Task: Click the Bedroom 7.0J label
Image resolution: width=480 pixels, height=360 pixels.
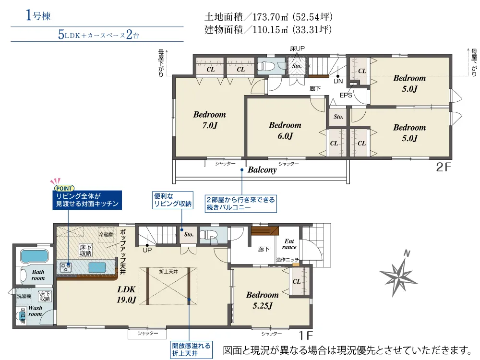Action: (x=210, y=120)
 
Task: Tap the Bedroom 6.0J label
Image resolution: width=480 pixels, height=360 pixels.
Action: (x=285, y=130)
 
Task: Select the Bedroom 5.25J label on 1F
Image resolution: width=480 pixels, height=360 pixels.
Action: (x=263, y=300)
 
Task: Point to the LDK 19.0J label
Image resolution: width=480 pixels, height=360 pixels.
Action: (x=126, y=294)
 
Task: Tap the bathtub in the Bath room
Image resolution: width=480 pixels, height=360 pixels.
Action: (x=34, y=256)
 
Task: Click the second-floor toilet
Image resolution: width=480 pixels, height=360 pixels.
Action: (x=264, y=66)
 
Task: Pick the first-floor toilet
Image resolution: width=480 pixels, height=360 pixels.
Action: (x=208, y=235)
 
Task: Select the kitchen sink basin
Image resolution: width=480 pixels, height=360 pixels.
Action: (x=97, y=267)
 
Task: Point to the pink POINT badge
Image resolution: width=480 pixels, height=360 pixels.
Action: (x=64, y=188)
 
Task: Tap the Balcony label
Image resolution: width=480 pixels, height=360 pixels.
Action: (x=262, y=170)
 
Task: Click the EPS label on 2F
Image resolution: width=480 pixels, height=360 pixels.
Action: (x=346, y=95)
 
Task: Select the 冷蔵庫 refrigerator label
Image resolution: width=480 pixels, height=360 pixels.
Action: (x=106, y=235)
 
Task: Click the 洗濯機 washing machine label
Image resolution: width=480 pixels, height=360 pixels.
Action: (x=24, y=296)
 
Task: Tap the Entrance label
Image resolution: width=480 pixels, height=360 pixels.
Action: (x=289, y=244)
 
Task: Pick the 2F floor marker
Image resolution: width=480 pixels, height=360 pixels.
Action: (x=444, y=167)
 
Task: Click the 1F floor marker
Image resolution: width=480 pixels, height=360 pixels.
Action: (x=305, y=336)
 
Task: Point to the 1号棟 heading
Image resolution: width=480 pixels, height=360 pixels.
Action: (x=38, y=15)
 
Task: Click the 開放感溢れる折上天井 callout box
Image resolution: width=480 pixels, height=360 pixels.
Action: (x=192, y=349)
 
